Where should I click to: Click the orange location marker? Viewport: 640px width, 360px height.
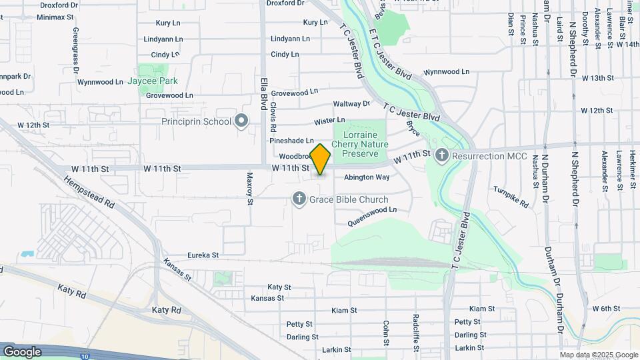[x=321, y=160]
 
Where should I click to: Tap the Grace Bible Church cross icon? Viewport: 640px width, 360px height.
[x=299, y=199]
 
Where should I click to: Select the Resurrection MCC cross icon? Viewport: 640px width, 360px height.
[x=441, y=156]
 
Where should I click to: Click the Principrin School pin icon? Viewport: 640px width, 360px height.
[x=241, y=121]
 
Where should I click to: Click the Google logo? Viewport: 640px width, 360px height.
[x=22, y=351]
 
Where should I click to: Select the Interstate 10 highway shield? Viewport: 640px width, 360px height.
[x=85, y=356]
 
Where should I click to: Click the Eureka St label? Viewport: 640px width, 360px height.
[x=203, y=255]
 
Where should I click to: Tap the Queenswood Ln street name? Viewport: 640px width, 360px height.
[x=371, y=209]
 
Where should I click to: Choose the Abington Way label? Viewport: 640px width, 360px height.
[x=367, y=177]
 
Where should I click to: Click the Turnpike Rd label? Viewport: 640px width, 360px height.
[x=511, y=195]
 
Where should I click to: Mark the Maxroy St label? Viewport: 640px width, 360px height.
[x=250, y=189]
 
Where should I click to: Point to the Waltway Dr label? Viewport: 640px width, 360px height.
[x=351, y=104]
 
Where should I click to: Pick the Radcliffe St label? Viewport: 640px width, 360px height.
[x=415, y=327]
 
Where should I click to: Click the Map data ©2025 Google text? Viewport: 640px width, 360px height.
[x=599, y=355]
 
